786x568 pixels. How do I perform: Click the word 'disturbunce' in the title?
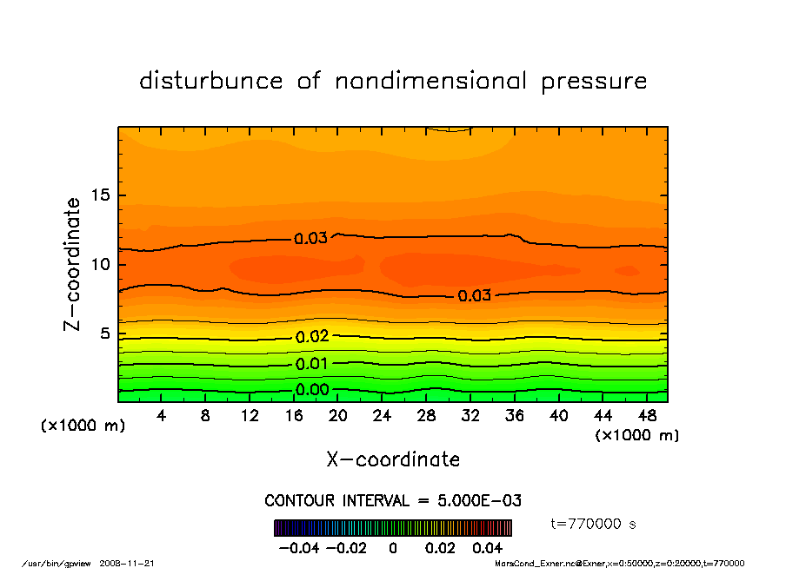[x=211, y=82]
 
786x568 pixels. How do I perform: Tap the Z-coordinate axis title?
[x=73, y=264]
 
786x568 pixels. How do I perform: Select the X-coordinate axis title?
[x=393, y=459]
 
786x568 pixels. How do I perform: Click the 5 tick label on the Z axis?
[x=103, y=334]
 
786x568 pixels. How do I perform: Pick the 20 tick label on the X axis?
[x=338, y=416]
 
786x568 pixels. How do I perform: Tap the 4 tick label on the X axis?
[x=162, y=416]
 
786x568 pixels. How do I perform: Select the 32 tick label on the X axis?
[x=471, y=416]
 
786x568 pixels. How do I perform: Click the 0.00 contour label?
[x=312, y=390]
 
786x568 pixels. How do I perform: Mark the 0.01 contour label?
[x=312, y=364]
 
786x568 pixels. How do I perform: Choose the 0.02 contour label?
[x=312, y=337]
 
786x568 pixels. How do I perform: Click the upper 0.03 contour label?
[x=310, y=239]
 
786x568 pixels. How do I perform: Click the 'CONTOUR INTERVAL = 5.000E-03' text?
[x=393, y=500]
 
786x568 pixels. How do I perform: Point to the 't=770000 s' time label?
[x=595, y=524]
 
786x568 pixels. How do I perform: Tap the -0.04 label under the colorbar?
[x=293, y=548]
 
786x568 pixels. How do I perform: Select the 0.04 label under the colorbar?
[x=488, y=548]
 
